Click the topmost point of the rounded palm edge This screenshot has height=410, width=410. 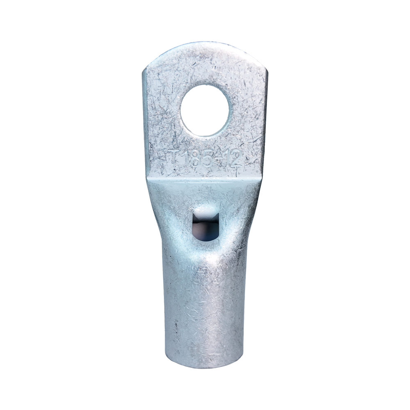[x=205, y=42]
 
